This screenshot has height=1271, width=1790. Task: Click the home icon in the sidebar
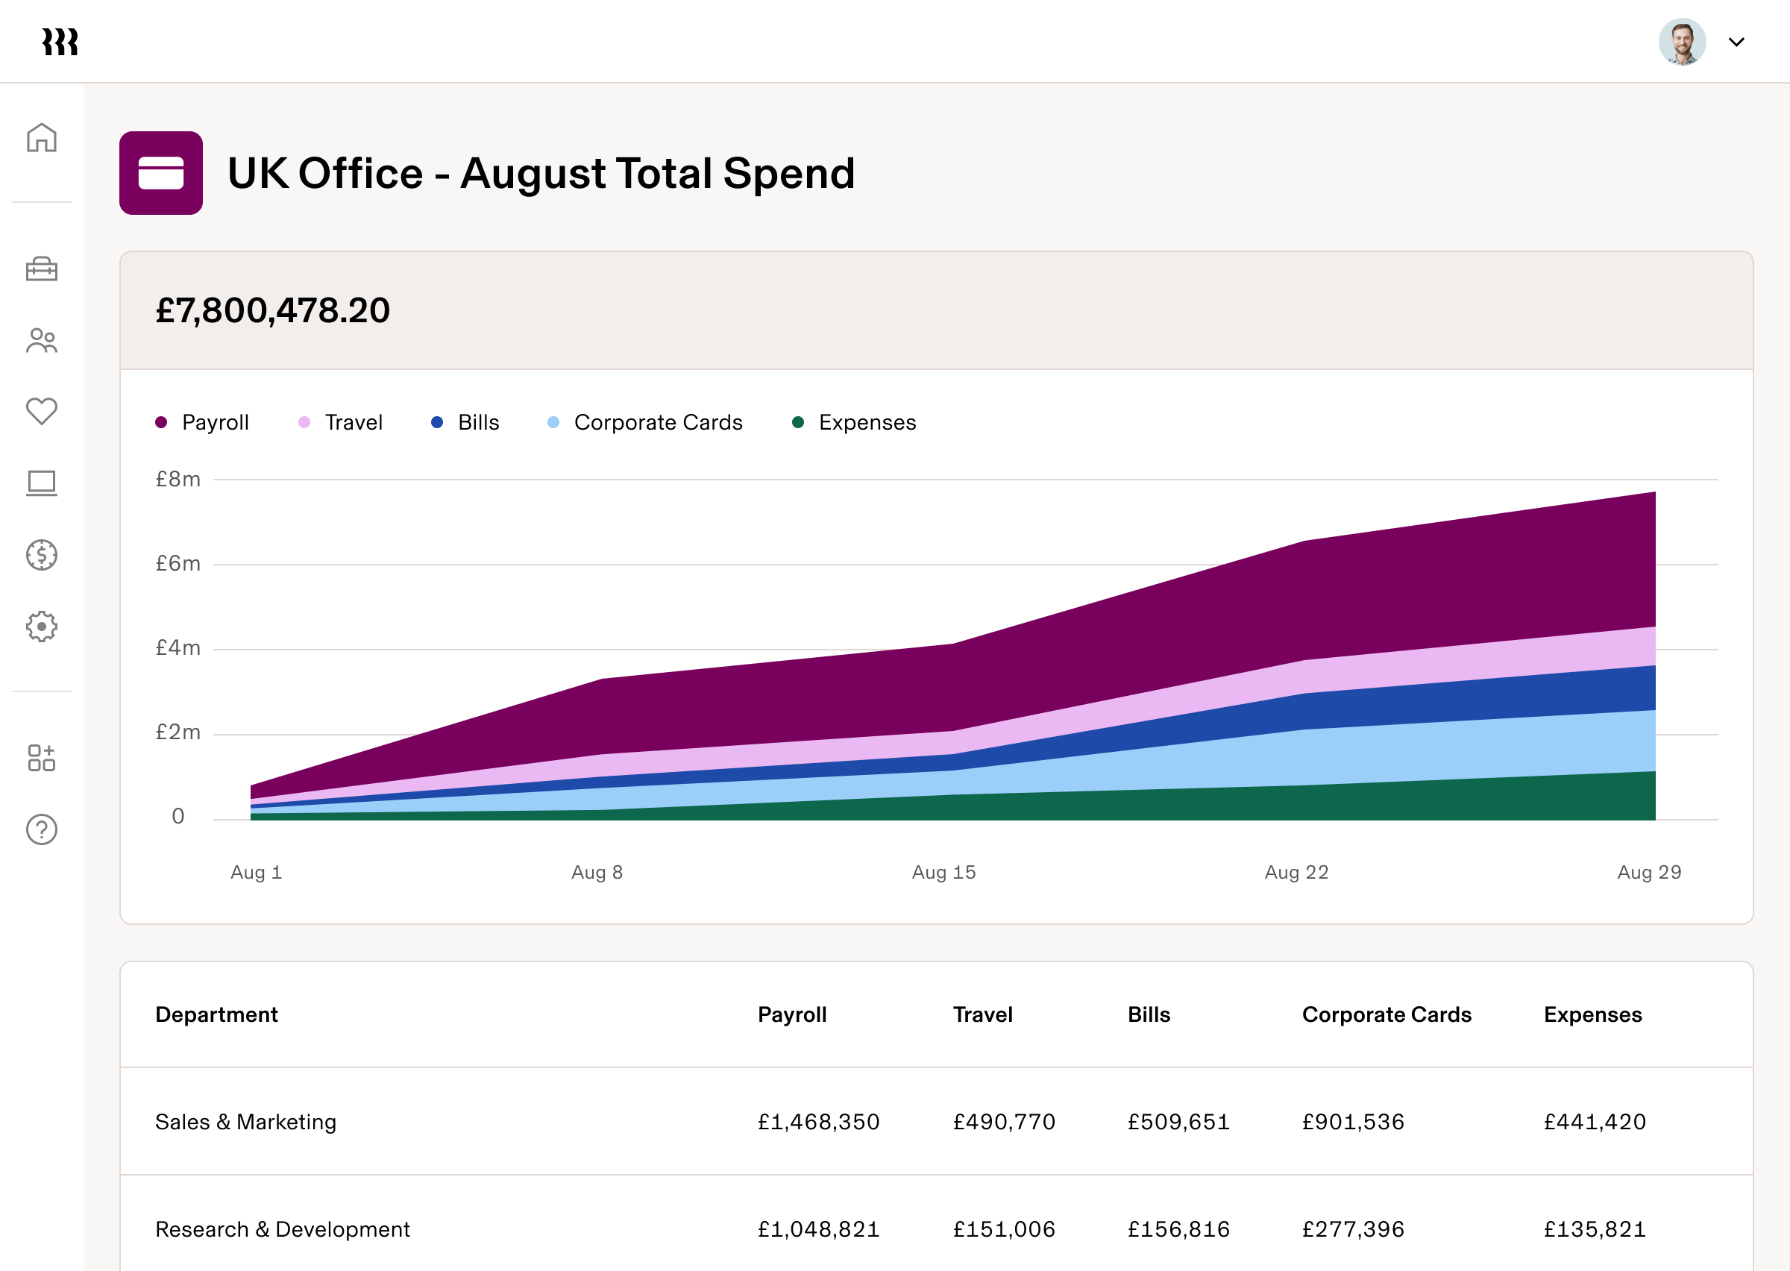(x=42, y=138)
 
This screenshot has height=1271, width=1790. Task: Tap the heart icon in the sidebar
(x=42, y=411)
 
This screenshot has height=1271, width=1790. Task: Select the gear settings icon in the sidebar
(x=42, y=626)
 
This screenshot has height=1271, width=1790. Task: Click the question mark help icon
(x=42, y=829)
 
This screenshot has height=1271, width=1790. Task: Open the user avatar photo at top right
(x=1681, y=42)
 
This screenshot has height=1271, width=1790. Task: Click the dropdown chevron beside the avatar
(x=1736, y=43)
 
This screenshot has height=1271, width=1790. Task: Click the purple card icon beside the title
(x=161, y=173)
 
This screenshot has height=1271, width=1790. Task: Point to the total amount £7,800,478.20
(x=272, y=311)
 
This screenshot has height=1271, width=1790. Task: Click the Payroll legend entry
(x=203, y=423)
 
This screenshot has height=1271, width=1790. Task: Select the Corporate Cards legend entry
(x=645, y=423)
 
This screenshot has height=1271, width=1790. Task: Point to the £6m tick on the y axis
(x=178, y=563)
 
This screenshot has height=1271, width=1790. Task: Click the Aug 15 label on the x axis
(x=943, y=872)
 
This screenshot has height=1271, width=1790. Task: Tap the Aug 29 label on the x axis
(x=1649, y=872)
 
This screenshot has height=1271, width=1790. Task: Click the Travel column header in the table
(x=982, y=1014)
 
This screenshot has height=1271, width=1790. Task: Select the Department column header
(x=217, y=1014)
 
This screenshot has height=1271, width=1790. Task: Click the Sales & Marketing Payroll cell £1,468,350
(x=818, y=1122)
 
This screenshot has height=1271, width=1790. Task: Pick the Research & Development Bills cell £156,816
(x=1178, y=1228)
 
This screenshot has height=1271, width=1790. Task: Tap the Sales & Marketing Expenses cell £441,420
(x=1595, y=1122)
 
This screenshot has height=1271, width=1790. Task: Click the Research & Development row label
(x=283, y=1228)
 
